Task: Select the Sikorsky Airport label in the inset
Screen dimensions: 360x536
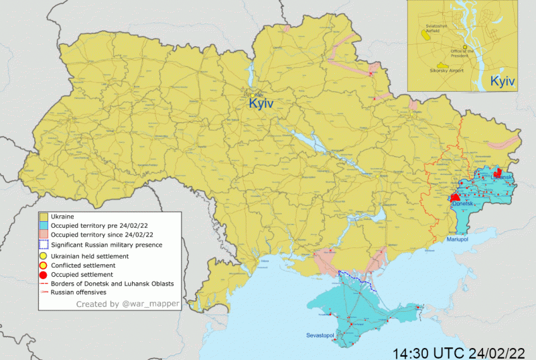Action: [x=447, y=69]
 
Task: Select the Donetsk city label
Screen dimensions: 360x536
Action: [x=464, y=203]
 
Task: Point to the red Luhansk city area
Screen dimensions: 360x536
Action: [x=497, y=173]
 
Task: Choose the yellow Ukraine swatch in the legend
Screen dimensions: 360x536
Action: [x=43, y=217]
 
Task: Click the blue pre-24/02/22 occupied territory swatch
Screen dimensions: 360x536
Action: [x=43, y=226]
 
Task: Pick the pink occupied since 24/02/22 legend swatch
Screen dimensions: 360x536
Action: [x=43, y=235]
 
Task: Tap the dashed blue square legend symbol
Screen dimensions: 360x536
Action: [x=43, y=245]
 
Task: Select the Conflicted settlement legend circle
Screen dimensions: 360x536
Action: [x=43, y=265]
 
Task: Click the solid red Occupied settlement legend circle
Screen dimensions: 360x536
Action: [x=43, y=275]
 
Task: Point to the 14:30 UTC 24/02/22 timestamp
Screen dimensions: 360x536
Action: [x=458, y=351]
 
